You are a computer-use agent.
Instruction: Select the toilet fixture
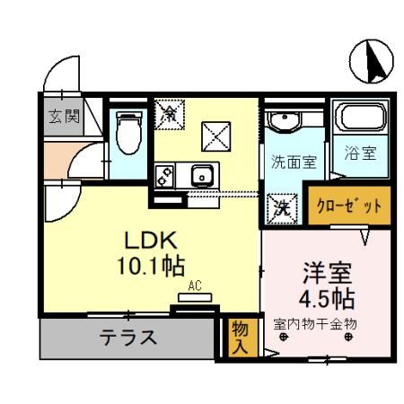pos(126,131)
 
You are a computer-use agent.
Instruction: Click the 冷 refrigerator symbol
pos(168,113)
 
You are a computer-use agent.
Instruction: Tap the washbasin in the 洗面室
pos(288,121)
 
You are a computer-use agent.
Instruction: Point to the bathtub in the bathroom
pos(357,120)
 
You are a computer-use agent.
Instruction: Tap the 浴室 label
pos(360,153)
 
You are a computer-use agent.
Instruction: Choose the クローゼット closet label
pos(348,206)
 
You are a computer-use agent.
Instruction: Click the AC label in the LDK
pos(193,287)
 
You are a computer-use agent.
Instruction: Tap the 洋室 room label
pos(326,271)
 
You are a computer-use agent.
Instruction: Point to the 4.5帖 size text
pos(326,297)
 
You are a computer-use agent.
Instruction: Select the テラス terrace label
pos(127,338)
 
